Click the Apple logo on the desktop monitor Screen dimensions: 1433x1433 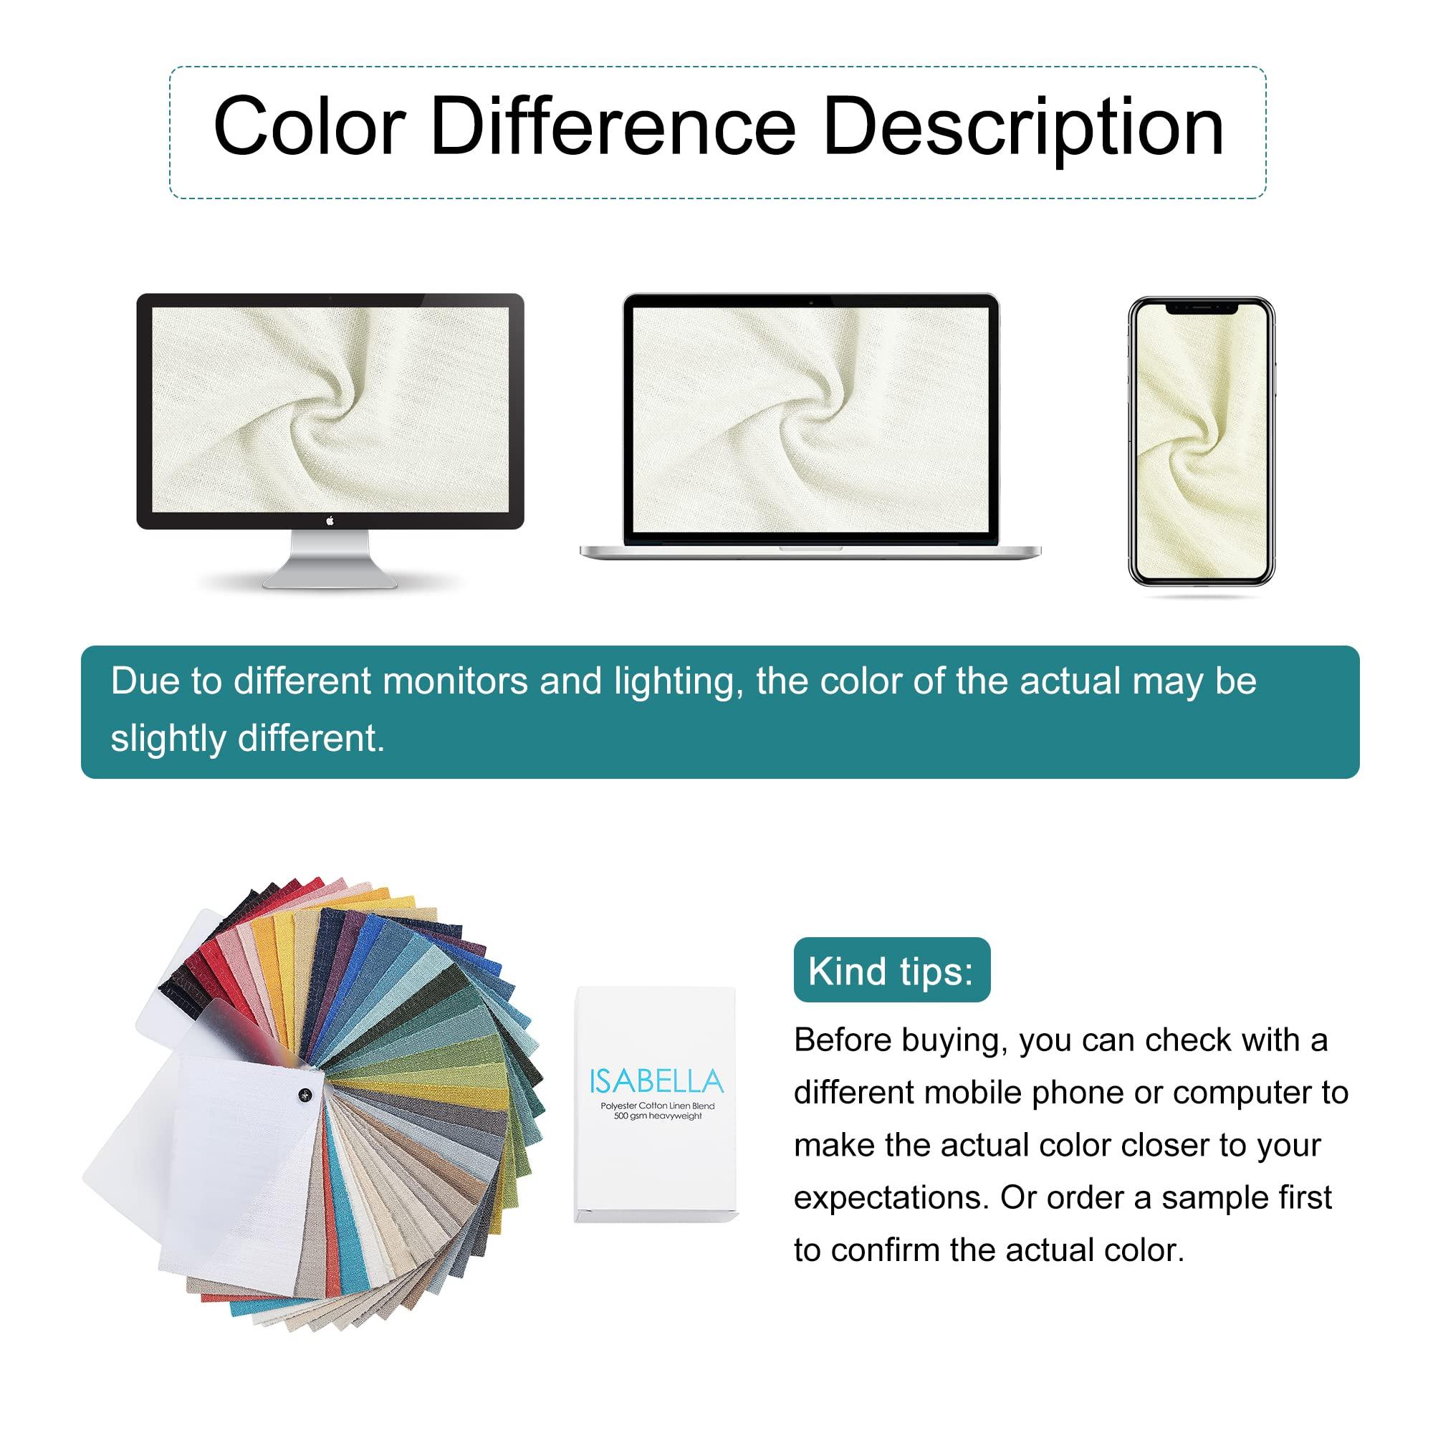point(330,521)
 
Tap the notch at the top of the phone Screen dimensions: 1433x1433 point(1201,307)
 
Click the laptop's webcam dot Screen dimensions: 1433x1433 point(810,302)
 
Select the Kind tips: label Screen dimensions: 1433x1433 point(891,971)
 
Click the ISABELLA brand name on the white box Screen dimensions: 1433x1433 point(656,1081)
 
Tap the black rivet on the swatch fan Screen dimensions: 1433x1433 point(305,1095)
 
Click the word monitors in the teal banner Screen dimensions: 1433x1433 point(456,681)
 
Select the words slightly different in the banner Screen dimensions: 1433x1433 point(248,739)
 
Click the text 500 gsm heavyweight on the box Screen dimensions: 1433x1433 point(657,1116)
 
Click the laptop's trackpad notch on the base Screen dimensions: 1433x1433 point(810,548)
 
